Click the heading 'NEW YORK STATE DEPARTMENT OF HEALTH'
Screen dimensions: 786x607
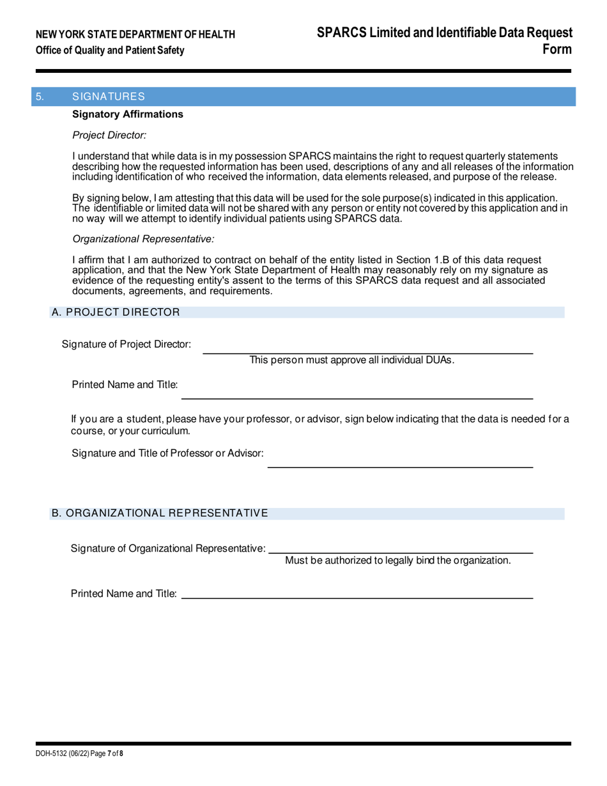point(135,35)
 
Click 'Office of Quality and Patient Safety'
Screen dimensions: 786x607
point(111,50)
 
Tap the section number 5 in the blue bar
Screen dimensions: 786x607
point(40,96)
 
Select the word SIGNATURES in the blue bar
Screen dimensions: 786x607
point(109,96)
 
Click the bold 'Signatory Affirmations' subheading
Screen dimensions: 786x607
point(128,114)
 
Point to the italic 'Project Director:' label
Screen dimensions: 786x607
point(110,135)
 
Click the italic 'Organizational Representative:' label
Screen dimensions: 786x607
point(144,239)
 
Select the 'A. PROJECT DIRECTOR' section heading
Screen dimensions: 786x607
point(116,312)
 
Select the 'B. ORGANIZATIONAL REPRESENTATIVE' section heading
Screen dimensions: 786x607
point(160,513)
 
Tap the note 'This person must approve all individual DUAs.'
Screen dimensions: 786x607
point(352,360)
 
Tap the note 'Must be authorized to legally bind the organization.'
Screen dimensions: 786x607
point(397,560)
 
